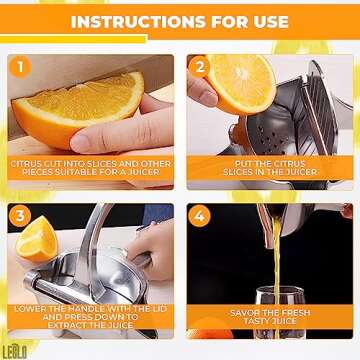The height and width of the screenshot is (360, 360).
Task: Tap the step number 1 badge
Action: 23,68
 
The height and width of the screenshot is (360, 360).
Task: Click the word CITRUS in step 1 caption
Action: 30,162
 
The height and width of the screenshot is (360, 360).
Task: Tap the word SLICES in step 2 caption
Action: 226,171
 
